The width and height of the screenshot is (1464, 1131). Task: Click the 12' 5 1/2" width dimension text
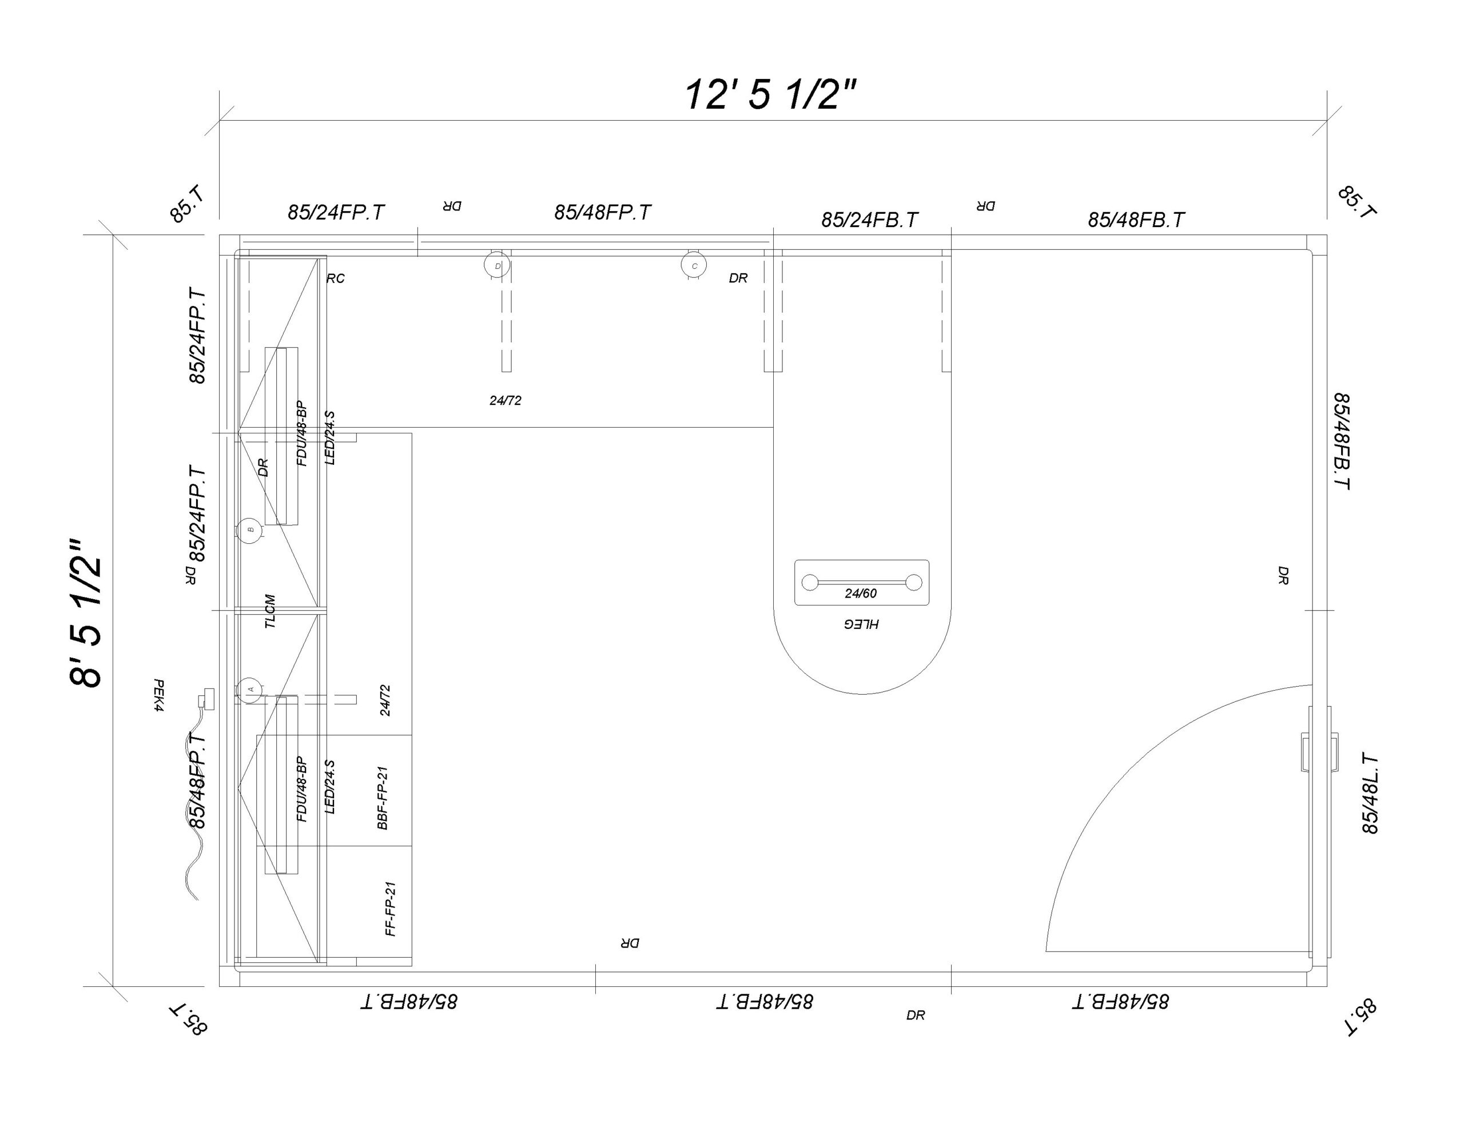coord(770,94)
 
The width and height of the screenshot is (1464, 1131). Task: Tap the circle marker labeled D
coord(497,265)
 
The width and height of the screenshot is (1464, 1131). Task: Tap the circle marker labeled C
coord(694,265)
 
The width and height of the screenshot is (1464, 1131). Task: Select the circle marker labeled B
coord(250,529)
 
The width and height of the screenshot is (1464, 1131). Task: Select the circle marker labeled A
coord(250,688)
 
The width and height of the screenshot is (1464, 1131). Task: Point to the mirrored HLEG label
coord(861,624)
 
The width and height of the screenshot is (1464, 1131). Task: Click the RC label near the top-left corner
coord(335,278)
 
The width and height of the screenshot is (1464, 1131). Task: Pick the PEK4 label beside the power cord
coord(159,695)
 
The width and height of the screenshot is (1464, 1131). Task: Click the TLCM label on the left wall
coord(270,611)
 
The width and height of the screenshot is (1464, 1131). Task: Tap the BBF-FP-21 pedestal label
coord(383,798)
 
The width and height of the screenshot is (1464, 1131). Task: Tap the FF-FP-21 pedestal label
coord(391,909)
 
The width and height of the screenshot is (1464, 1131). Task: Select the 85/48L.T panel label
coord(1370,794)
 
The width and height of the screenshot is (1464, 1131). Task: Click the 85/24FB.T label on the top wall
coord(869,220)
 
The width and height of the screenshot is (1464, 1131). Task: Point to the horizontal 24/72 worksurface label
coord(505,400)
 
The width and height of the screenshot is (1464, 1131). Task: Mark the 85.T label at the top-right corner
coord(1356,201)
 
